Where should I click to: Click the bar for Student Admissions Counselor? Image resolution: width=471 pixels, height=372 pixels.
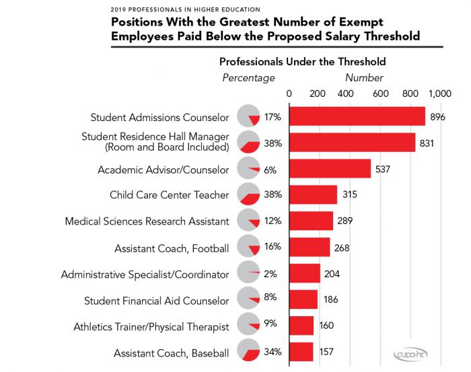[357, 116]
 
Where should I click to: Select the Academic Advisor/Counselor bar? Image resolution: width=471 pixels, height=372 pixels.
[330, 169]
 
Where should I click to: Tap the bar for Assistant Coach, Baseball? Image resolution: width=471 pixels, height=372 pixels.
[301, 352]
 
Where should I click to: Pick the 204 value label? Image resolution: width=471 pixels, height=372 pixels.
[332, 274]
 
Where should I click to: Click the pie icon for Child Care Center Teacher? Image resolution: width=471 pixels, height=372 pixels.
[249, 195]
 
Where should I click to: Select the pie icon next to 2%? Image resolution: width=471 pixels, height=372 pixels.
[249, 274]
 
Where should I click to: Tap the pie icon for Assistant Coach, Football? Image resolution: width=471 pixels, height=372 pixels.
[249, 248]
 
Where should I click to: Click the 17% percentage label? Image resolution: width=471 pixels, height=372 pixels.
[273, 117]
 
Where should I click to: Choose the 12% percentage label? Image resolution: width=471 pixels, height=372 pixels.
[273, 221]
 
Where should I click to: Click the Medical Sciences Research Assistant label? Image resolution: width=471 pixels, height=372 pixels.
[147, 221]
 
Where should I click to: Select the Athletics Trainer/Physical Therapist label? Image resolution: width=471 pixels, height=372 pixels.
[151, 327]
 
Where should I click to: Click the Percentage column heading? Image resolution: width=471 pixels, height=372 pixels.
[248, 78]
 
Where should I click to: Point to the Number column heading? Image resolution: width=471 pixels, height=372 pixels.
[364, 78]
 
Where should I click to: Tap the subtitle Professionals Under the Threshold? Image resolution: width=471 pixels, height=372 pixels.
[302, 62]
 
